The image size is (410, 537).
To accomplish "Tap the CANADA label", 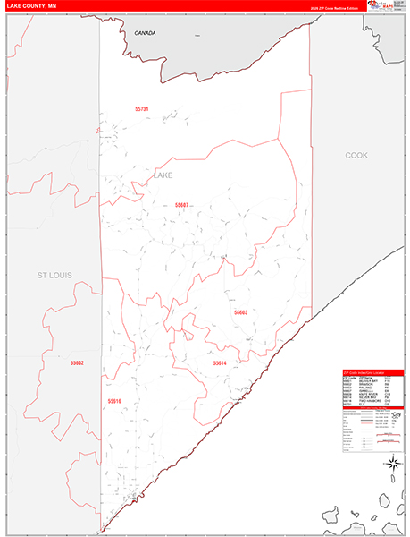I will click(145, 33).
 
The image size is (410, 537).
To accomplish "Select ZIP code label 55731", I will click(141, 109).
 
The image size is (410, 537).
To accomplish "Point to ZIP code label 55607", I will click(182, 205).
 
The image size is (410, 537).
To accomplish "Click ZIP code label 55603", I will click(240, 312).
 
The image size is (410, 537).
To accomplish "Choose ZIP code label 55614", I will click(220, 363).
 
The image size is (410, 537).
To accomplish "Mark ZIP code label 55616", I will click(113, 401).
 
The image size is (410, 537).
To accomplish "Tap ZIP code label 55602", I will click(77, 362).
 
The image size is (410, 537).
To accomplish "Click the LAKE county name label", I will click(163, 175).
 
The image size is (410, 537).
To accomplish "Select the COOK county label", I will click(356, 155).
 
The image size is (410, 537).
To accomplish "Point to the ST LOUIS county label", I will click(54, 274).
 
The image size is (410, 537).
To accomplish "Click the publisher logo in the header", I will click(384, 6).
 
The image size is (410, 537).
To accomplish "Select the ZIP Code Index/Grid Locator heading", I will click(372, 371).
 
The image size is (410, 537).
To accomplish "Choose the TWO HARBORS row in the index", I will click(372, 401).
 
